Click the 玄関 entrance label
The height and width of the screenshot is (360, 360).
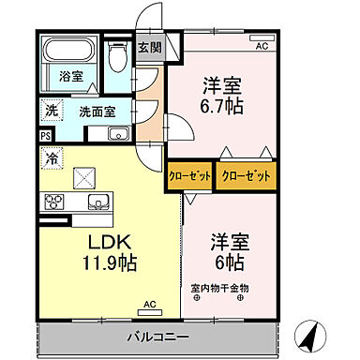[x=149, y=47]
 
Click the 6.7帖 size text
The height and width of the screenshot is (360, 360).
[x=220, y=106]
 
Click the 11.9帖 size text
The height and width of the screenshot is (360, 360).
[x=84, y=263]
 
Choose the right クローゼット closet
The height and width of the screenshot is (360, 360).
[x=246, y=176]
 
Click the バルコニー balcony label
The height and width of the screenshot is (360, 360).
[x=157, y=337]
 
